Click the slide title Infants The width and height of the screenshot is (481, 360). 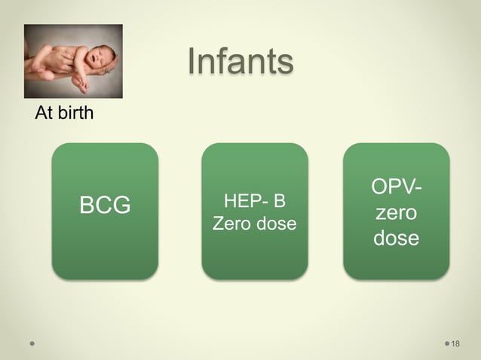coord(239,63)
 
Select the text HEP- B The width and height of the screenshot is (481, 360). coord(255,201)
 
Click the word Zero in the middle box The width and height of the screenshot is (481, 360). coord(231,224)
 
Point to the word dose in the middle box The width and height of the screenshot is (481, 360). coord(274,224)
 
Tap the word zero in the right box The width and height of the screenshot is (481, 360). coord(397,213)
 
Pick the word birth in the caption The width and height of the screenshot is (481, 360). coord(76,115)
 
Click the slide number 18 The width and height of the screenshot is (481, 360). coord(455,344)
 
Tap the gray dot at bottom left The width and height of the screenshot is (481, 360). coord(32,343)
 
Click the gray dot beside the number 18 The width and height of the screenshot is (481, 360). coord(445,344)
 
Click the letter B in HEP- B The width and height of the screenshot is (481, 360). coord(280,201)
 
